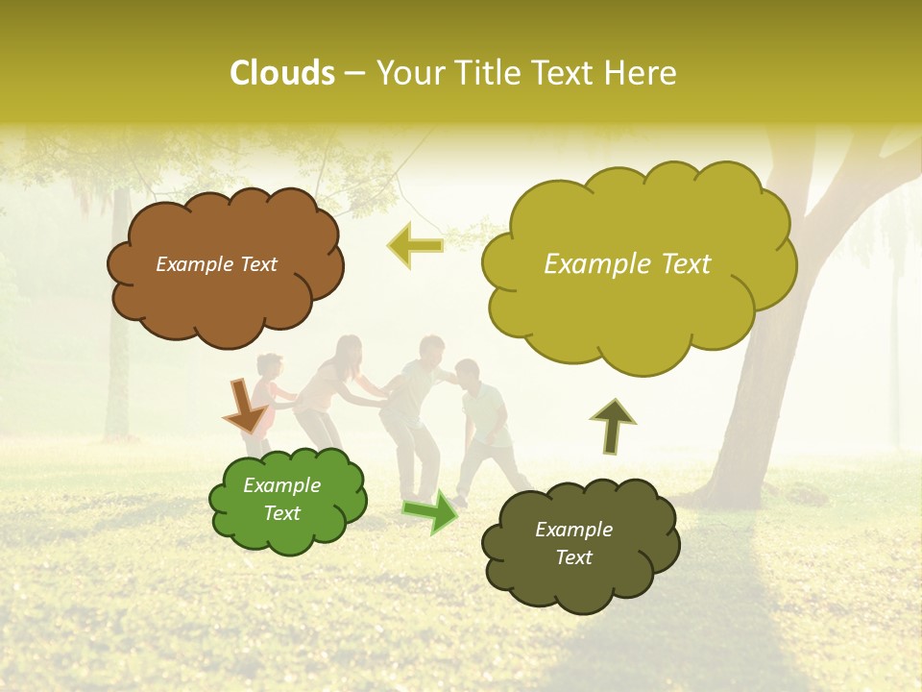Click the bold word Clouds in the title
point(282,73)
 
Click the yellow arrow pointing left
point(416,246)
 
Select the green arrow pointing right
point(431,511)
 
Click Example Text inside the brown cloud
point(216,264)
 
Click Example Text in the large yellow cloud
point(627,264)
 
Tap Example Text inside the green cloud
point(282,499)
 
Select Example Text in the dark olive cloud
point(573,543)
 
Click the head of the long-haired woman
point(348,350)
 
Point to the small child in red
point(268,384)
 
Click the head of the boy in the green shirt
point(468,372)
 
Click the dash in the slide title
point(354,74)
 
